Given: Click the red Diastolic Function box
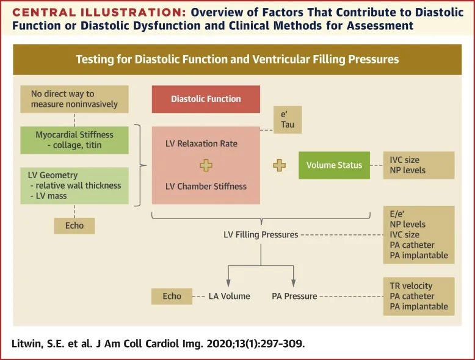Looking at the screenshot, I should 206,99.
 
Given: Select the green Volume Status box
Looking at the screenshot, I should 334,165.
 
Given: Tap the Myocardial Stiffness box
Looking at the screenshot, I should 74,140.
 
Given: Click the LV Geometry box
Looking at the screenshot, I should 74,185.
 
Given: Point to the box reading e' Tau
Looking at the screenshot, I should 287,119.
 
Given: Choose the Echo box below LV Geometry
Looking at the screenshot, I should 74,225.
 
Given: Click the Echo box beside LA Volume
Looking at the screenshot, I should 172,296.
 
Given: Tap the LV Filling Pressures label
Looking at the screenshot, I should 261,234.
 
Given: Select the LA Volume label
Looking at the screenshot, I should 229,296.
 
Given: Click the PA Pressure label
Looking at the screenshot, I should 294,296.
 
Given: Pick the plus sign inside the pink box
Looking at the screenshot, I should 206,165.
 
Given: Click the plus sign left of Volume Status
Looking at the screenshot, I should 279,165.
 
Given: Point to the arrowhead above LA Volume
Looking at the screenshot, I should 228,283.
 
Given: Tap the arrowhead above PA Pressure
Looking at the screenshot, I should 294,283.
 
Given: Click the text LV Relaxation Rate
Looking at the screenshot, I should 201,144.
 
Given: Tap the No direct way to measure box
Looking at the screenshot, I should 74,99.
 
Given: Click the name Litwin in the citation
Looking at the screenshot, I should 27,344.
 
